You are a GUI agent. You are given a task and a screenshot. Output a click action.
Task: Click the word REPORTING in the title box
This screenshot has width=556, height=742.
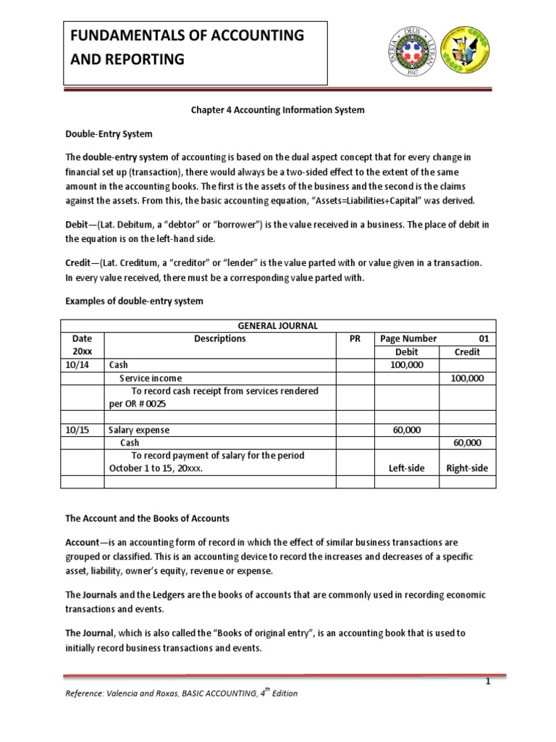pyautogui.click(x=148, y=59)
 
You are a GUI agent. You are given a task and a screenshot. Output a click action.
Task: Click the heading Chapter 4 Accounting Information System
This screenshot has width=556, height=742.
pyautogui.click(x=277, y=110)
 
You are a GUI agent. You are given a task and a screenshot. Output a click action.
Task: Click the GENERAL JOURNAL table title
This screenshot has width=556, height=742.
pyautogui.click(x=278, y=326)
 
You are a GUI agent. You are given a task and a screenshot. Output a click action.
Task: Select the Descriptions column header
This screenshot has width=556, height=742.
pyautogui.click(x=221, y=338)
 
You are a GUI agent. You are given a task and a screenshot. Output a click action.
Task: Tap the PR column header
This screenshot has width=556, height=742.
pyautogui.click(x=355, y=338)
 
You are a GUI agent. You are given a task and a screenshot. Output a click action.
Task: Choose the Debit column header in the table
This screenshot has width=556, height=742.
pyautogui.click(x=406, y=351)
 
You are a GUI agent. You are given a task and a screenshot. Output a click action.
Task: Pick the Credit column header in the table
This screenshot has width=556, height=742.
pyautogui.click(x=467, y=351)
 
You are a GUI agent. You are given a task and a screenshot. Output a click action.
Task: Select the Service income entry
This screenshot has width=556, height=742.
pyautogui.click(x=151, y=378)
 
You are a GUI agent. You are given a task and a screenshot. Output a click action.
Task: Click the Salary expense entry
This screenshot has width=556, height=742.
pyautogui.click(x=138, y=430)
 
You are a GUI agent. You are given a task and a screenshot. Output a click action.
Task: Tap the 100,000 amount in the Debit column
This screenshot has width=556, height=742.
pyautogui.click(x=406, y=364)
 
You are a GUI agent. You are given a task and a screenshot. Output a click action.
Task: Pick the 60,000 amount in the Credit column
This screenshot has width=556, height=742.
pyautogui.click(x=467, y=443)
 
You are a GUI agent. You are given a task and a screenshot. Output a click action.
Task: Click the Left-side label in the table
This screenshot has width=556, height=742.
pyautogui.click(x=406, y=468)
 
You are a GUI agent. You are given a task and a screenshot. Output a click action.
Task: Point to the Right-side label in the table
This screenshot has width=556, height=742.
pyautogui.click(x=467, y=468)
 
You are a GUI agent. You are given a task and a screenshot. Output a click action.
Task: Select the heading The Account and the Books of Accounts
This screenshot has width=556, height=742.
pyautogui.click(x=147, y=518)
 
